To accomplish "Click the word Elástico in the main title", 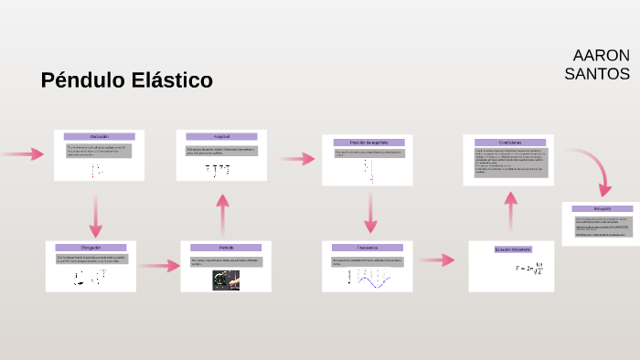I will [167, 80].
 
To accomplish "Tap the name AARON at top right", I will [601, 55].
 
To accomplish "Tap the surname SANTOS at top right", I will [597, 74].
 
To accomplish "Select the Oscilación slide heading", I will [99, 136].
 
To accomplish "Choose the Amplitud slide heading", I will [220, 136].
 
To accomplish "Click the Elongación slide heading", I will [91, 248].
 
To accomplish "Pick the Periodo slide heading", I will [226, 248].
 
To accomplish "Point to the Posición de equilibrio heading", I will [368, 142].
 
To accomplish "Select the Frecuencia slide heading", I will [368, 248].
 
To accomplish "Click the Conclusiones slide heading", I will [509, 142].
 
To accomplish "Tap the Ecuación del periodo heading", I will [511, 249].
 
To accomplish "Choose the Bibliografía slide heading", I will [601, 209].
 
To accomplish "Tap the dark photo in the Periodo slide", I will [226, 281].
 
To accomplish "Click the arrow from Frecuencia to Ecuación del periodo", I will [437, 260].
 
